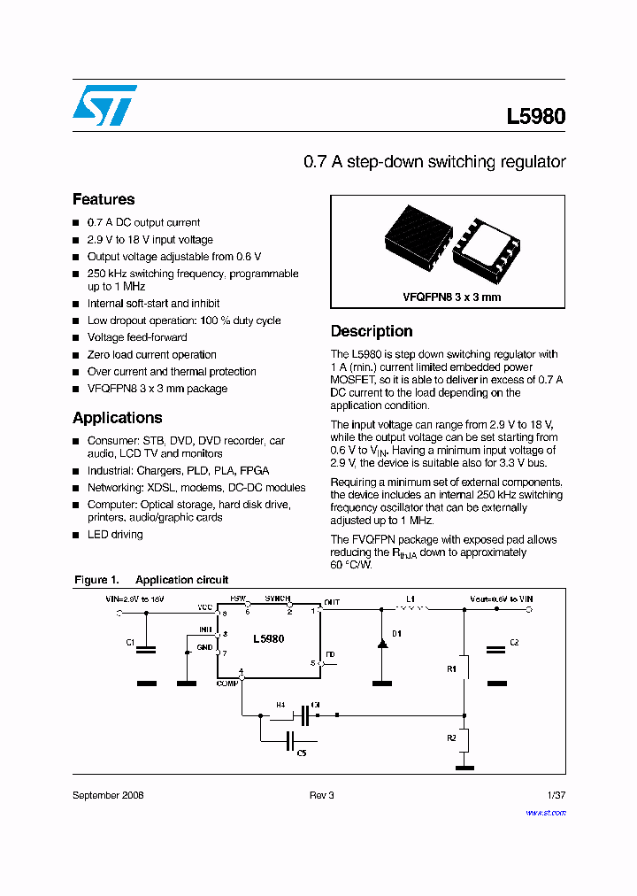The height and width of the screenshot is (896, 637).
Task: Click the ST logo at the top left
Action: coord(104,105)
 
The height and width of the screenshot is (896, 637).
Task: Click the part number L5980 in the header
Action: coord(535,116)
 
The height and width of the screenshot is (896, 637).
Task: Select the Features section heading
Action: coord(104,199)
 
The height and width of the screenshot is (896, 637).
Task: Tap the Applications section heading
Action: coord(117,418)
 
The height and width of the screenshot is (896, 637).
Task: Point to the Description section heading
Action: coord(372,331)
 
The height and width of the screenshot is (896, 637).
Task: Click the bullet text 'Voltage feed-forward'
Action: coord(137,337)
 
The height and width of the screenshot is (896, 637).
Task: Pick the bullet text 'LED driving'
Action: coord(115,535)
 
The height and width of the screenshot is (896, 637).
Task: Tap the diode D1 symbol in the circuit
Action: coord(382,642)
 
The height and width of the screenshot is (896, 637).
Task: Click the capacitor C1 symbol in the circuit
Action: coord(148,649)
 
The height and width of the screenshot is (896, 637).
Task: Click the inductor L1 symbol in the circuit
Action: coord(411,608)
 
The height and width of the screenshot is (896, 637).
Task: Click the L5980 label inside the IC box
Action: coord(268,638)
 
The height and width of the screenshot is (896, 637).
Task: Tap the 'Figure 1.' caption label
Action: coord(96,580)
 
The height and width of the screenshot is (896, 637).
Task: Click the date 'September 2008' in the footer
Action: coord(108,795)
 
